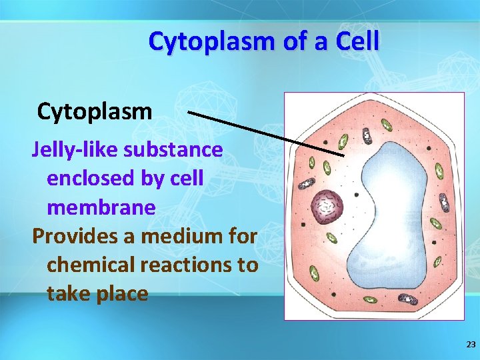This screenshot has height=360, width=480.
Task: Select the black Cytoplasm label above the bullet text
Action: (x=95, y=111)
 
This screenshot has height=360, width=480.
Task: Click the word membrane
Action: (x=101, y=207)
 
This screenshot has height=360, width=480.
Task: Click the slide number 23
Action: (x=471, y=345)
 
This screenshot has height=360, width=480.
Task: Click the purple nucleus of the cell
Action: (x=327, y=207)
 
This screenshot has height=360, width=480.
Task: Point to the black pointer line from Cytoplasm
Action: (x=267, y=133)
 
